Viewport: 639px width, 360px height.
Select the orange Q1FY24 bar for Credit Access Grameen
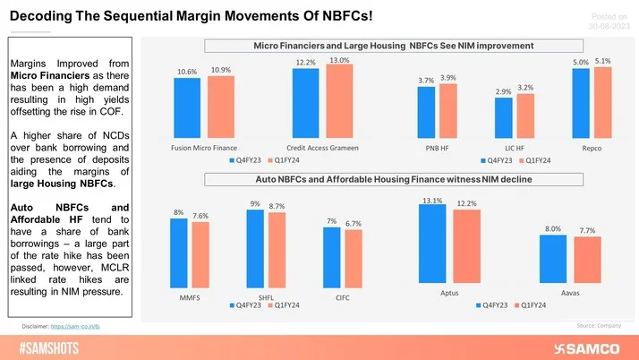(x=339, y=100)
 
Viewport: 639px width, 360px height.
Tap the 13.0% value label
(x=339, y=59)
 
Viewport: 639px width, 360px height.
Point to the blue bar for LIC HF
(x=504, y=117)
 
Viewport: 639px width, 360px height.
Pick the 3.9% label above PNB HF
(x=448, y=78)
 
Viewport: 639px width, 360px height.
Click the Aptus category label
(x=450, y=291)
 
